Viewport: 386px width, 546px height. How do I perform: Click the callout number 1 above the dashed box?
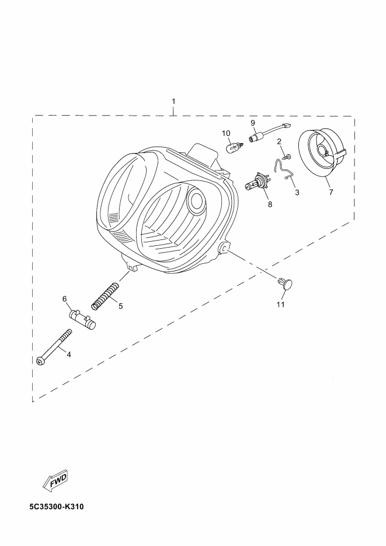pos(173,102)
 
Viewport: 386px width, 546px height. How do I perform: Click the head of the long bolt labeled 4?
pos(40,361)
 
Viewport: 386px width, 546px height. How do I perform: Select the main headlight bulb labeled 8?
pos(257,182)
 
